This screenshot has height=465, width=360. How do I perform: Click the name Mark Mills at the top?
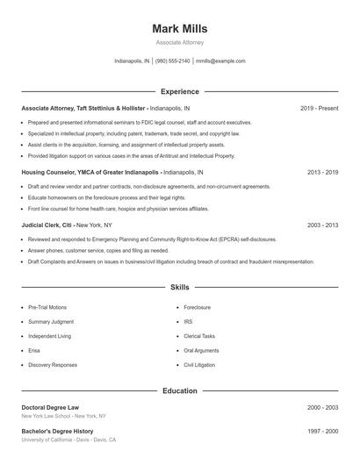coord(180,29)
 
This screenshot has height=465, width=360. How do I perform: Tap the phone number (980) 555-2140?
coord(173,61)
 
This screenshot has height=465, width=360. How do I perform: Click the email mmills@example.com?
coord(220,61)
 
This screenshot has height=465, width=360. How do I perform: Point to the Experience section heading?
coord(180,91)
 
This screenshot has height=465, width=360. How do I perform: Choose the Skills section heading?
coord(180,287)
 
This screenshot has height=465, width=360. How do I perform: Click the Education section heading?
coord(180,390)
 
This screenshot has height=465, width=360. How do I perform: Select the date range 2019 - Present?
coord(319,108)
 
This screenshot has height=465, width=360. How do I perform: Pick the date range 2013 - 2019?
coord(322,173)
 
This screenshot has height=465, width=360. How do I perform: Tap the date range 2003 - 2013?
coord(322,225)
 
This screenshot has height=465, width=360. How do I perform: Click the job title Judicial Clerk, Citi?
coord(54,225)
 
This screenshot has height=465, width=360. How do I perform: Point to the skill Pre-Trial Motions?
coord(46,308)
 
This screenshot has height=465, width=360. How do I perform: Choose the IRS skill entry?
coord(187,322)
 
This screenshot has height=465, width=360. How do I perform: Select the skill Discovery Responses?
coord(52,364)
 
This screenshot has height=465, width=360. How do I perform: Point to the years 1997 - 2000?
coord(322,432)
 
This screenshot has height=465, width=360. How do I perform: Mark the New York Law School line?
coord(63,416)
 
